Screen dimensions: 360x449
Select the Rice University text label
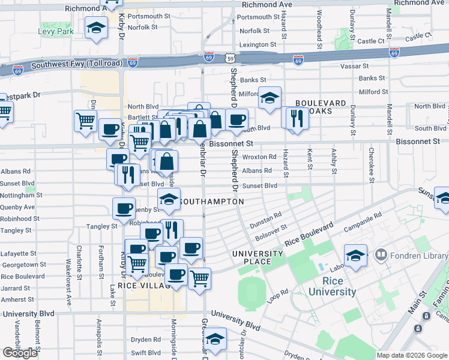[x=332, y=286]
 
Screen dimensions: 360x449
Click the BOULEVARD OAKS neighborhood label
[x=321, y=107]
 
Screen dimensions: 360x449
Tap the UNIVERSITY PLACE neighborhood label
[x=258, y=258]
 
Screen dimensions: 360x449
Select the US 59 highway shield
[x=230, y=58]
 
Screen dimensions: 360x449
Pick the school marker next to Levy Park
[x=96, y=28]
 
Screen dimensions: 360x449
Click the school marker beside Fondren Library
[x=356, y=255]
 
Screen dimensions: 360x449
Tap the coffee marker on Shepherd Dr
[x=237, y=119]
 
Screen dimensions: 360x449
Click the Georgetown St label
[x=24, y=265]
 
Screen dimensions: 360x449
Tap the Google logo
[x=20, y=353]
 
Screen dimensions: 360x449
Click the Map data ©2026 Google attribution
[x=411, y=355]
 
